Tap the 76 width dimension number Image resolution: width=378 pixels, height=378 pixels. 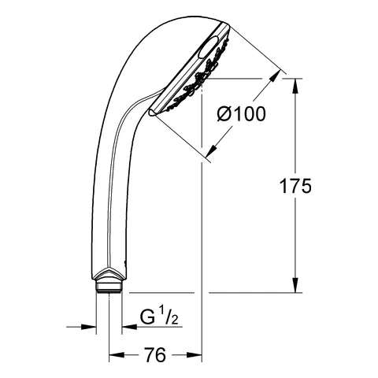(156, 357)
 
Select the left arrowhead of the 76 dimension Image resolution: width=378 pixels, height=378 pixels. (112, 357)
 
